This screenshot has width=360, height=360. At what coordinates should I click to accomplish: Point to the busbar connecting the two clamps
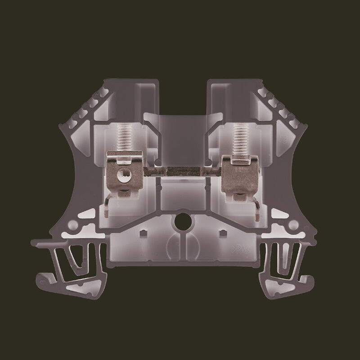click(180, 172)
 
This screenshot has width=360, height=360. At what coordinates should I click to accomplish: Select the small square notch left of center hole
click(143, 234)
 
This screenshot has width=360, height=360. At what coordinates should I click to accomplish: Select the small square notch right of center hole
click(221, 234)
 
